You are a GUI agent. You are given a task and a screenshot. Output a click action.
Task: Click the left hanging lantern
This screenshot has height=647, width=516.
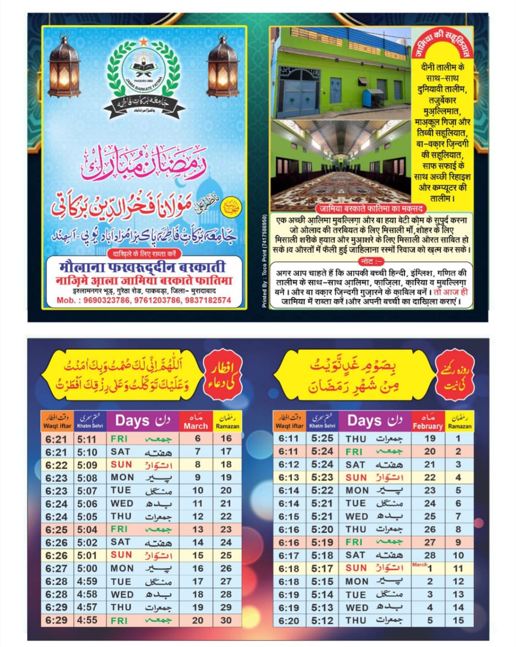tap(64, 67)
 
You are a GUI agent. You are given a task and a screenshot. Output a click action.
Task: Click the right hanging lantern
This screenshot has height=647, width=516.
tap(223, 67)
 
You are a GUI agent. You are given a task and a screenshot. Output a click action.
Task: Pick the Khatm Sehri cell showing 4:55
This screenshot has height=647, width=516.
tap(87, 620)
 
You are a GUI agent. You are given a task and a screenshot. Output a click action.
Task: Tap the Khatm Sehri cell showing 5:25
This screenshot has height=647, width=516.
tap(322, 439)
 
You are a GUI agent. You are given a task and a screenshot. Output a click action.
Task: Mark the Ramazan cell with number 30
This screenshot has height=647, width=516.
tap(226, 620)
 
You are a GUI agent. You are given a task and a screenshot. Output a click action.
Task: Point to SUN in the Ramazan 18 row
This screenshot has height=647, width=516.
tap(121, 465)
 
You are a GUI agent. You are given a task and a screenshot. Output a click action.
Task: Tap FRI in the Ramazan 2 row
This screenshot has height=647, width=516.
tap(354, 452)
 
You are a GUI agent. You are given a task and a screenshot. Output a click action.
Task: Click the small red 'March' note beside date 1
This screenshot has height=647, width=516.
tap(420, 565)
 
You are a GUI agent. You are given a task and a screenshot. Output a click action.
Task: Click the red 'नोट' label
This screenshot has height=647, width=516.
tap(371, 261)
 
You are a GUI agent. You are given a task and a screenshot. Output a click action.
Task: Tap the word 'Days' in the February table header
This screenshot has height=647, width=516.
tap(364, 421)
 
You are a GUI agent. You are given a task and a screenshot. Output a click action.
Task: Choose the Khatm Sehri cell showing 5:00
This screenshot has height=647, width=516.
tap(87, 568)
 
